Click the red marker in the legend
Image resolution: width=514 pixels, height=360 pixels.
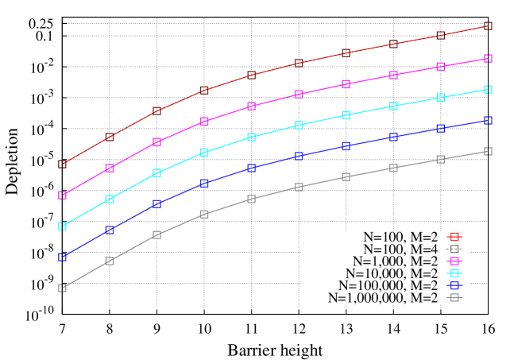click(454, 237)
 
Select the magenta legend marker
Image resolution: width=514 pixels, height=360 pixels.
click(454, 261)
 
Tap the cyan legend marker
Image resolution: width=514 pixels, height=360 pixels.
click(454, 273)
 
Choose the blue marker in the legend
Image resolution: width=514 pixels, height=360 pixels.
click(454, 285)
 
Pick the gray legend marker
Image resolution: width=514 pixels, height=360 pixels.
click(454, 297)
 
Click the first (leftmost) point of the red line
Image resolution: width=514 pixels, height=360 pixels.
click(62, 165)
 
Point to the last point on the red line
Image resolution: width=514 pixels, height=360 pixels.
click(488, 26)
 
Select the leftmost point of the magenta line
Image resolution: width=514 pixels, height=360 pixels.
click(62, 195)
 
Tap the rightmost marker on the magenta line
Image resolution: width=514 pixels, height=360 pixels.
click(488, 58)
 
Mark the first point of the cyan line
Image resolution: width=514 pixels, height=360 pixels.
click(62, 226)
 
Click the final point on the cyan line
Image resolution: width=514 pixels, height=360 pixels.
click(488, 89)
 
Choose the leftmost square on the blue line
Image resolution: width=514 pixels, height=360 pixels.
click(62, 257)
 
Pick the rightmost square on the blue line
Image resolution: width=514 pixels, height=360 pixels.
click(488, 120)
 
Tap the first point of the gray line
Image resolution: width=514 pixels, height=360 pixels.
click(62, 288)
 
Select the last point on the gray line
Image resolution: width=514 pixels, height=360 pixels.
click(488, 151)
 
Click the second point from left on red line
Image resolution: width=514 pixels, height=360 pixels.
click(110, 137)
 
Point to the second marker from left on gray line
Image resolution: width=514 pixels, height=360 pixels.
click(110, 261)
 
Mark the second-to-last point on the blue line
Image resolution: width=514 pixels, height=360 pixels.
click(440, 129)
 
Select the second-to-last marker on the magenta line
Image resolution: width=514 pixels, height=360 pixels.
click(440, 67)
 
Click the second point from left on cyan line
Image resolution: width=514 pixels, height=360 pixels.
click(110, 199)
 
